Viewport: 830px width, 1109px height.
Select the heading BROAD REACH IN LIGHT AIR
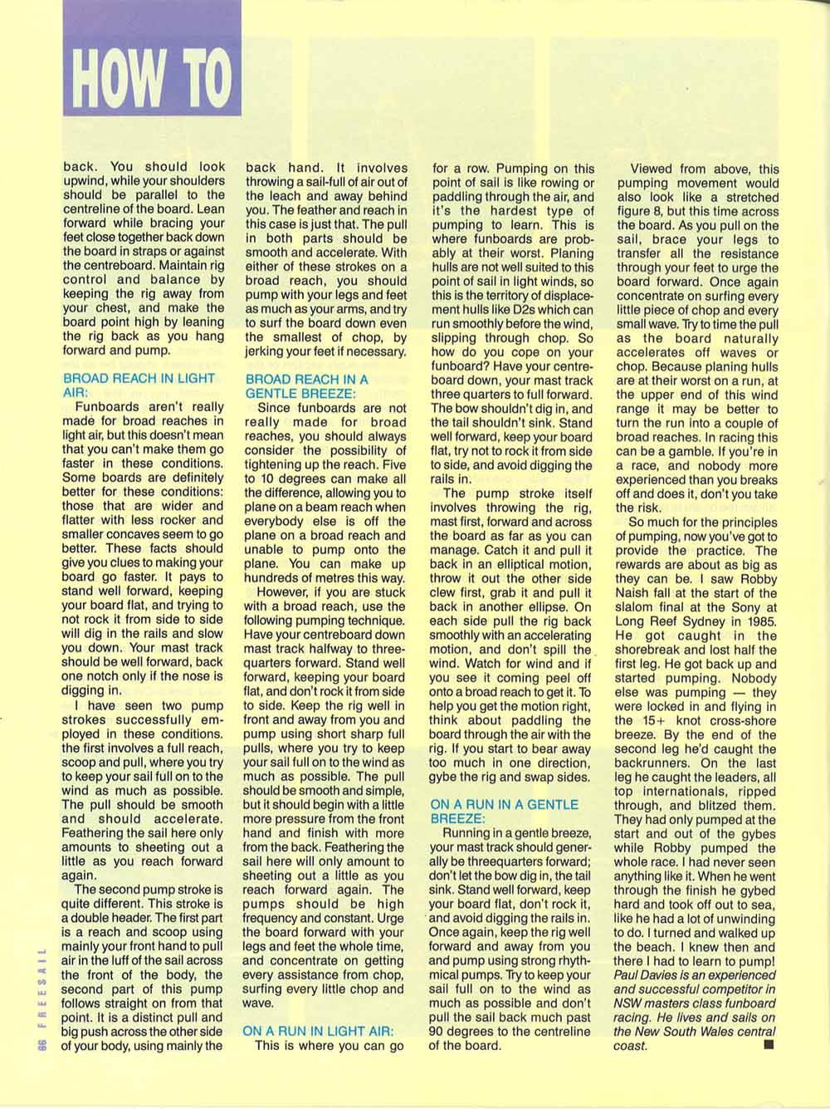click(139, 385)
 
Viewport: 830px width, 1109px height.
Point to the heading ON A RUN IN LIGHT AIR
click(318, 1031)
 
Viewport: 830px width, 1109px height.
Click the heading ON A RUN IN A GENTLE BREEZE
click(505, 812)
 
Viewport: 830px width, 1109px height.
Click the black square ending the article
click(767, 1045)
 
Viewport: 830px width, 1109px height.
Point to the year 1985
click(762, 622)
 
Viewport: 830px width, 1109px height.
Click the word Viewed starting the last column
click(652, 169)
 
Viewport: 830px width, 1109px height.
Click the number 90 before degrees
click(437, 1031)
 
